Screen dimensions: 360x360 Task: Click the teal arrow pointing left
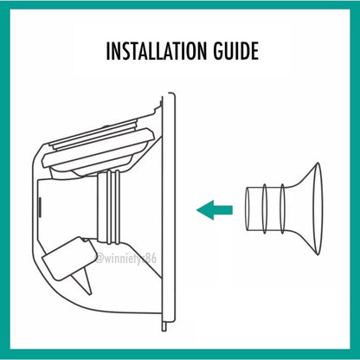point(215,209)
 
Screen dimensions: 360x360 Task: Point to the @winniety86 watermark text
point(126,258)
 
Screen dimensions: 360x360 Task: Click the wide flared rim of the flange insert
point(318,209)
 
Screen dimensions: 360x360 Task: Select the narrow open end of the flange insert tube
point(247,209)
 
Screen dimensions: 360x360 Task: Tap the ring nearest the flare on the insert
point(282,209)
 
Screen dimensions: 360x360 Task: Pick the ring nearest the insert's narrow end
point(265,209)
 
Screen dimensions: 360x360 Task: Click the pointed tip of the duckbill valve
point(90,293)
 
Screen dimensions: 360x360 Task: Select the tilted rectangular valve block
point(68,258)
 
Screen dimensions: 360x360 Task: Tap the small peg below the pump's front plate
point(164,326)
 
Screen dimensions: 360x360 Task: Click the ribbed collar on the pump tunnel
point(109,207)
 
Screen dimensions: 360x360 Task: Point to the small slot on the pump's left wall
point(40,205)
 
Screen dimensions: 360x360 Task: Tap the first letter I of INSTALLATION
point(108,51)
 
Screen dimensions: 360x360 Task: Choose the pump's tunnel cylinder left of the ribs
point(68,207)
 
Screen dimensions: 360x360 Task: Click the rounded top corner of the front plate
point(172,94)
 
